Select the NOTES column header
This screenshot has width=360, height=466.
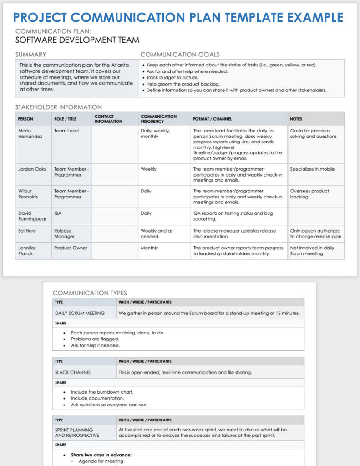pos(296,119)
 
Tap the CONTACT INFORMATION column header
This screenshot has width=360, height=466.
pos(108,119)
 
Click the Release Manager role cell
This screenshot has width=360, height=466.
pos(65,233)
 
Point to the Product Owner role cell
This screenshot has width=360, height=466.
pos(70,248)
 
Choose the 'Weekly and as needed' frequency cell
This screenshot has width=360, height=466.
pos(157,233)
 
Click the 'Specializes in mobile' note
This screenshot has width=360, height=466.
pos(312,169)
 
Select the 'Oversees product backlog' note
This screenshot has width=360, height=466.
pos(309,194)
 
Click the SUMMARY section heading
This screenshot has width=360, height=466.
pos(31,55)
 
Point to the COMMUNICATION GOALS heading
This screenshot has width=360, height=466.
pos(180,55)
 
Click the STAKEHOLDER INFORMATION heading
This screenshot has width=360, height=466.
pos(59,107)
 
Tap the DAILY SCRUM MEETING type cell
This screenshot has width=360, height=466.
pos(80,313)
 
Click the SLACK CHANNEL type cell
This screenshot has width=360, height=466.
pos(73,372)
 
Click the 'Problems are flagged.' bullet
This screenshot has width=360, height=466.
pos(95,339)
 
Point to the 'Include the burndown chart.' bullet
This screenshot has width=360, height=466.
pos(102,392)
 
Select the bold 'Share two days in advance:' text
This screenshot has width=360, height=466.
pos(101,455)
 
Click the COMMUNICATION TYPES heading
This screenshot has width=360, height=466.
pos(90,293)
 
